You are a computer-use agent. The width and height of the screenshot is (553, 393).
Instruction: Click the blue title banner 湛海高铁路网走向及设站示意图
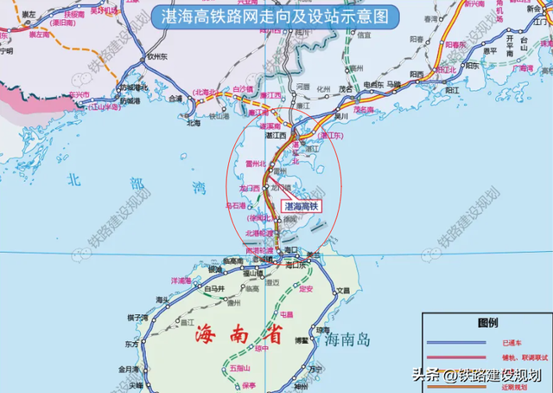[276, 16]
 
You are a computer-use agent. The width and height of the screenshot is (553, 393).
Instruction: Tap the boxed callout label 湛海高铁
[302, 206]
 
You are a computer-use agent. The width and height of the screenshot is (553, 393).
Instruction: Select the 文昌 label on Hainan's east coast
[343, 292]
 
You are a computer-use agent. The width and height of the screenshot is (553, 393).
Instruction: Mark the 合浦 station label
[175, 100]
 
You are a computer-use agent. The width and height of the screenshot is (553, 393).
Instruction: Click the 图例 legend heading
[488, 323]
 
